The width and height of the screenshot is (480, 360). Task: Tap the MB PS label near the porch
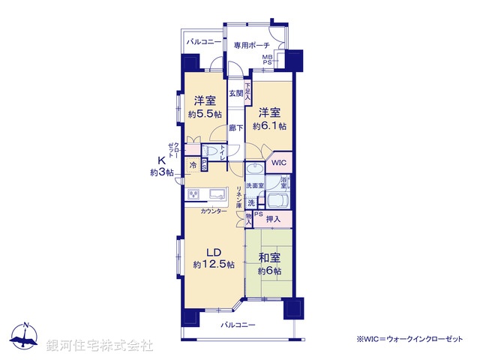tap(267, 59)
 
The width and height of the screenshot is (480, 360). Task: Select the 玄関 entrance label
tap(235, 93)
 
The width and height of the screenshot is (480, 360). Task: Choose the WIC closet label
tap(278, 163)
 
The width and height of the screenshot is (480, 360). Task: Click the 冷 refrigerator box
tap(193, 165)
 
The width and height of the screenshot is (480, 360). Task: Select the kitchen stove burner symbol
tap(193, 195)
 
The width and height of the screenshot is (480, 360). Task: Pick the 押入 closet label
tap(273, 220)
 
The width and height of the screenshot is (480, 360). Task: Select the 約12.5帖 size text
tap(214, 265)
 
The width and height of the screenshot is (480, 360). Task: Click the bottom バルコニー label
tap(238, 325)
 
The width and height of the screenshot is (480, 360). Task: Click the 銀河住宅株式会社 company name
tap(100, 346)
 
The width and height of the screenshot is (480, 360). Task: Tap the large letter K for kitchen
tap(161, 160)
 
